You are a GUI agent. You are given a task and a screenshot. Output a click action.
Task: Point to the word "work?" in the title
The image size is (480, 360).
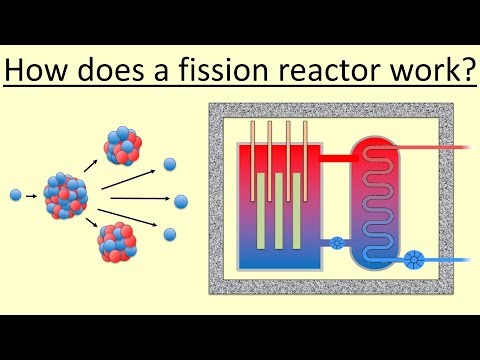(436, 71)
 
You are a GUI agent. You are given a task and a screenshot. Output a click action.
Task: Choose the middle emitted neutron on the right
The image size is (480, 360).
(181, 201)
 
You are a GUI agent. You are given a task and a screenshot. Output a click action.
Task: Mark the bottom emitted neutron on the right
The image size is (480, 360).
(170, 234)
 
